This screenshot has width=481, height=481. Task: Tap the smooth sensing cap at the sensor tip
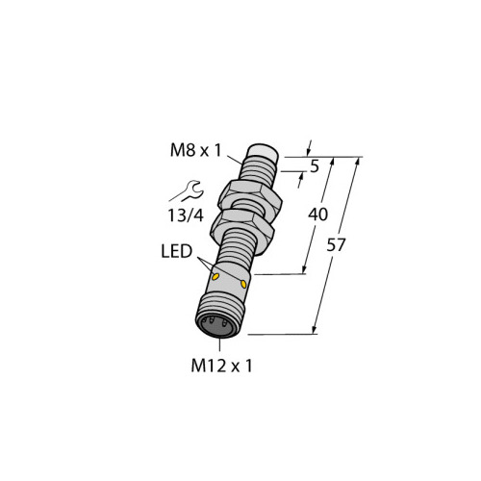tap(263, 150)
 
